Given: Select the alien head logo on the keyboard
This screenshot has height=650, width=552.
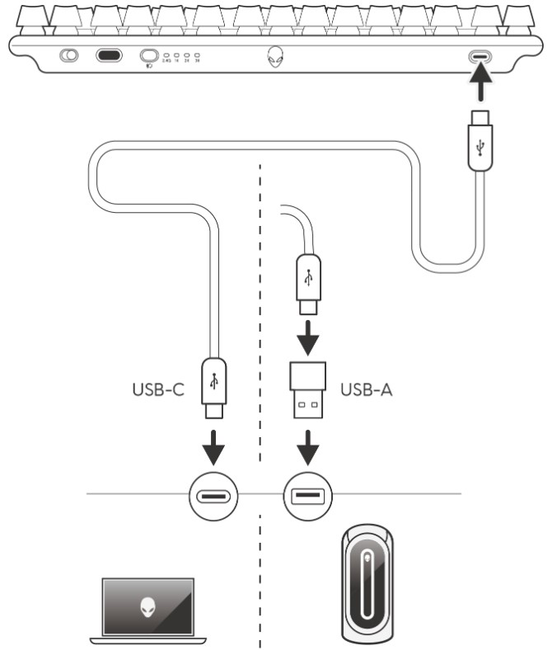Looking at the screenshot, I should [x=274, y=59].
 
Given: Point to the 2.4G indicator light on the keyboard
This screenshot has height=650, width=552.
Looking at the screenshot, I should [x=167, y=56].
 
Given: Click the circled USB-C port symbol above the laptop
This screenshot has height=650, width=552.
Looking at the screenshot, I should [x=214, y=497].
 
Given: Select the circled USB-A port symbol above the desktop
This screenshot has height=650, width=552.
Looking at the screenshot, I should [x=307, y=497].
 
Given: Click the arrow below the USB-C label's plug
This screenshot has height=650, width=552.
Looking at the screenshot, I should [x=213, y=446].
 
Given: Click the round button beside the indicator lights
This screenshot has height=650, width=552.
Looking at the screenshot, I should [x=150, y=56].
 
